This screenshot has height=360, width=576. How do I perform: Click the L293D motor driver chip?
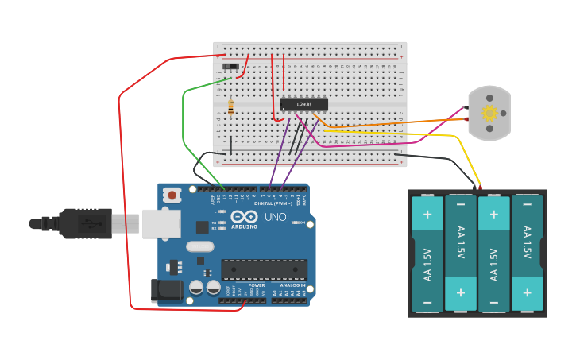303,104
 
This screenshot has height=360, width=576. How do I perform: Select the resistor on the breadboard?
230,106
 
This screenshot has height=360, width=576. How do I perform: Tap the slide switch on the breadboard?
231,66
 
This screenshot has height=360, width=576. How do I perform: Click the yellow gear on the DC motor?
489,114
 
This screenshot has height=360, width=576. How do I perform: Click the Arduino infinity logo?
243,217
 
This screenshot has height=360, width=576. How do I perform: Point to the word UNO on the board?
275,217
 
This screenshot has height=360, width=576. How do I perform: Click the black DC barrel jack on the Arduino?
165,289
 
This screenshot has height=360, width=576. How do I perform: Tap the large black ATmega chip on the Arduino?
264,269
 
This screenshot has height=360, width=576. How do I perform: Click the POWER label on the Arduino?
256,285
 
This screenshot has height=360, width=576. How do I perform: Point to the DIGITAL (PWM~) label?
274,203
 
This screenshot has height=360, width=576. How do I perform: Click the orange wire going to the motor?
397,122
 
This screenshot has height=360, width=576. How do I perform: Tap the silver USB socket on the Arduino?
161,223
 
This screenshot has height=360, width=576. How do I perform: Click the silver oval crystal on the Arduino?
200,246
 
